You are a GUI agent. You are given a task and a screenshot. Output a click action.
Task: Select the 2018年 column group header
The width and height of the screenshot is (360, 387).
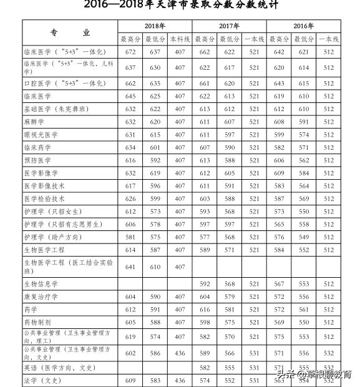(155, 26)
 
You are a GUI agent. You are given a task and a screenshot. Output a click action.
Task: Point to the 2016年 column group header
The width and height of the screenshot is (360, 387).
(303, 26)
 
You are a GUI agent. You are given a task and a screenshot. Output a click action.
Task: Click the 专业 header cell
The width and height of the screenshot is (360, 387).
(70, 32)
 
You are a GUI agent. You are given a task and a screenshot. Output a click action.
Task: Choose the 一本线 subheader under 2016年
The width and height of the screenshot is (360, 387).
(328, 39)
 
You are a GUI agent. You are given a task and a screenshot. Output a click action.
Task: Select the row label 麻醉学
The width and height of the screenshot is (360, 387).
(36, 122)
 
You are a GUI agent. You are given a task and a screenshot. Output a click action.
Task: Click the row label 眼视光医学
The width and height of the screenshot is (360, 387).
(41, 135)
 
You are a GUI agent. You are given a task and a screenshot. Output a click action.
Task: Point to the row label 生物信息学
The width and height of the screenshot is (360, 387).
(41, 284)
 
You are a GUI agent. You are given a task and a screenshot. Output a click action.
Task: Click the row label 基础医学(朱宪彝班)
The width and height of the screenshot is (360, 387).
(55, 109)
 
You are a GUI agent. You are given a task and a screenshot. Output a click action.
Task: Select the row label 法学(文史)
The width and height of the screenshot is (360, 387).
(44, 380)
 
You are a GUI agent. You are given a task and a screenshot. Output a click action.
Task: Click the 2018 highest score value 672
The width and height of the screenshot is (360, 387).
(130, 52)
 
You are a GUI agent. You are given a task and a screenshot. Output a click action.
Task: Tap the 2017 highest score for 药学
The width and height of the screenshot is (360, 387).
(205, 310)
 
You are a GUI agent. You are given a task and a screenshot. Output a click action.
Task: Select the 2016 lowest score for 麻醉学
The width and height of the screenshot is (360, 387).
(303, 122)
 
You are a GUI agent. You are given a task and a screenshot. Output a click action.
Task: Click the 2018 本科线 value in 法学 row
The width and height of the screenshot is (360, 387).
(180, 380)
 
